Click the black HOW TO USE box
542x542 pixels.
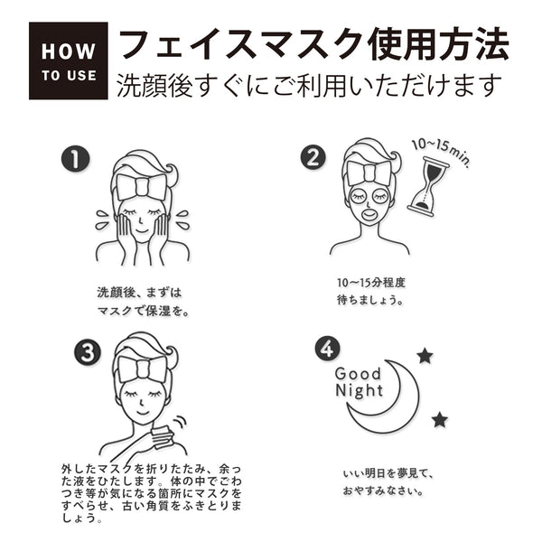[x=68, y=61]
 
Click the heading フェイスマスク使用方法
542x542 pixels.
[x=313, y=42]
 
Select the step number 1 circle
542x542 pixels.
[x=75, y=159]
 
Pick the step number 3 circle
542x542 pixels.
[x=86, y=352]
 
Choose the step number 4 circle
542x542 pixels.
[x=327, y=349]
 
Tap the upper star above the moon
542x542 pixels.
[x=425, y=356]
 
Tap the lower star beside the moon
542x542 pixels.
[x=439, y=419]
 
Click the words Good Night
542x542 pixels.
[x=359, y=382]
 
